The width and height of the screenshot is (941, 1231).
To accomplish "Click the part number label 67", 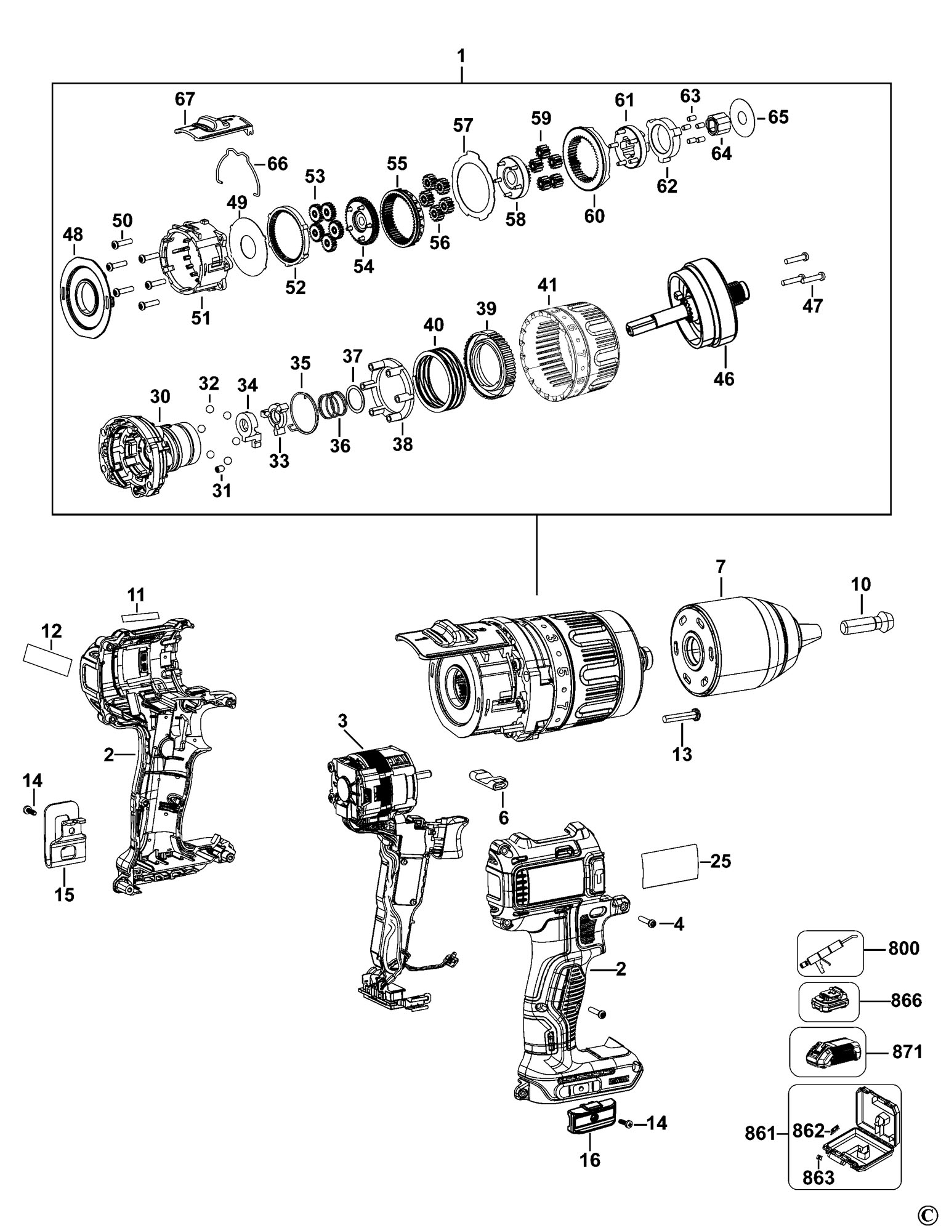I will point(185,99).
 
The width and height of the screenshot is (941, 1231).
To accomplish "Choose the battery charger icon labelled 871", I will point(827,1054).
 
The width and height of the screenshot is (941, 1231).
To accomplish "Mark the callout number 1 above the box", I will point(461,57).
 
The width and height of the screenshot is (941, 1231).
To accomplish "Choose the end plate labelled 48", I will point(86,297).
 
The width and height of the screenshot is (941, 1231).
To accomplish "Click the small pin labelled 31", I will point(218,471).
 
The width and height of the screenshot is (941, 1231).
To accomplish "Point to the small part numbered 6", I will point(490,779).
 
